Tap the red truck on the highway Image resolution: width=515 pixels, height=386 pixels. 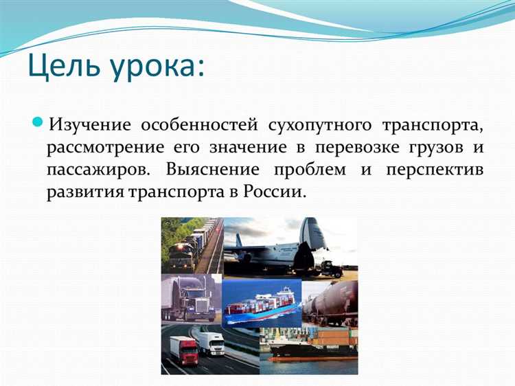point(184,350)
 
